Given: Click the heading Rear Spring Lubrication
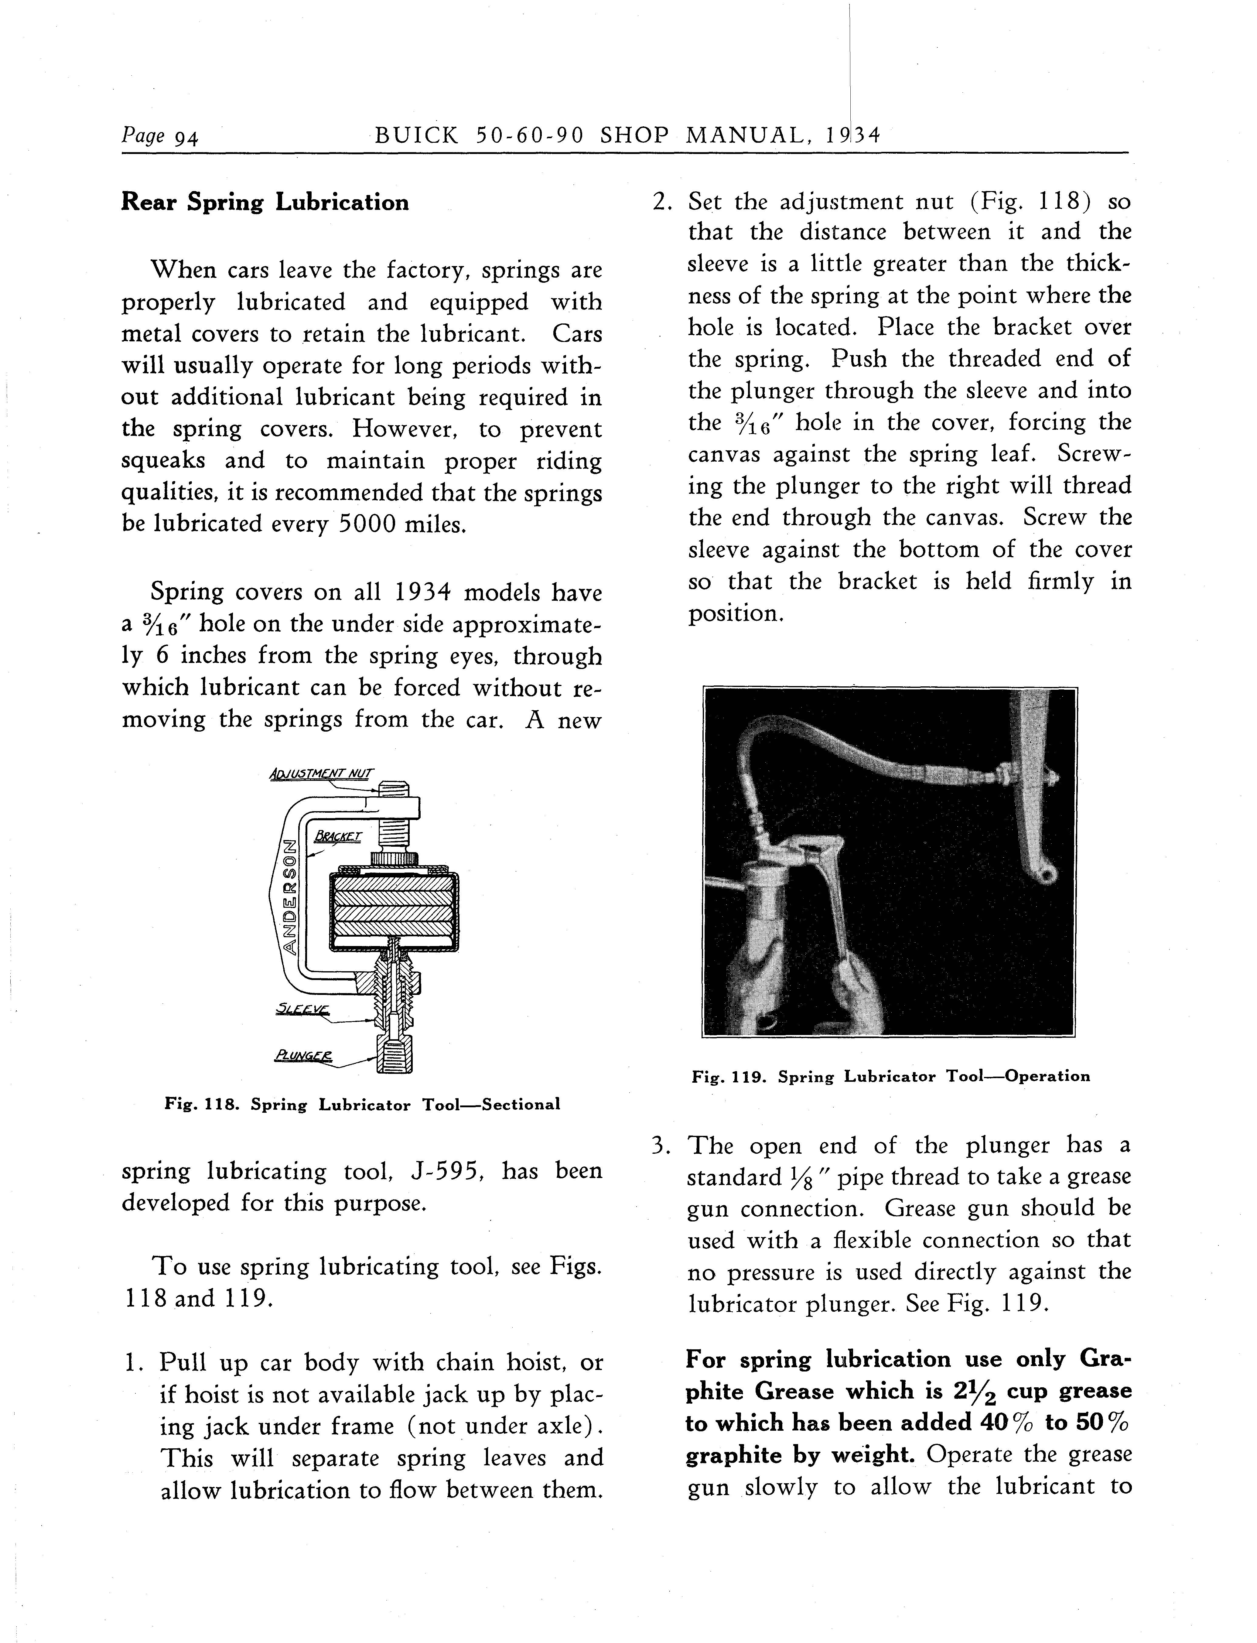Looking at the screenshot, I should click(265, 203).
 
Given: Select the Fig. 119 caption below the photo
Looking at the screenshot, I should click(890, 1077).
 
